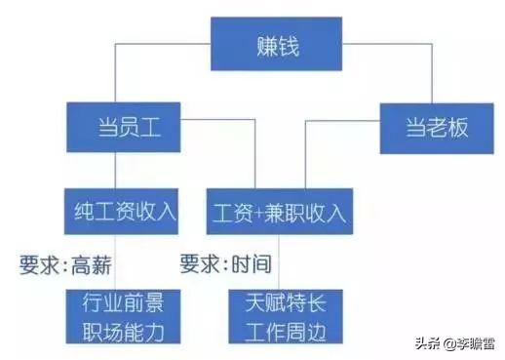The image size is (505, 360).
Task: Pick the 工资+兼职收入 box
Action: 277,212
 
